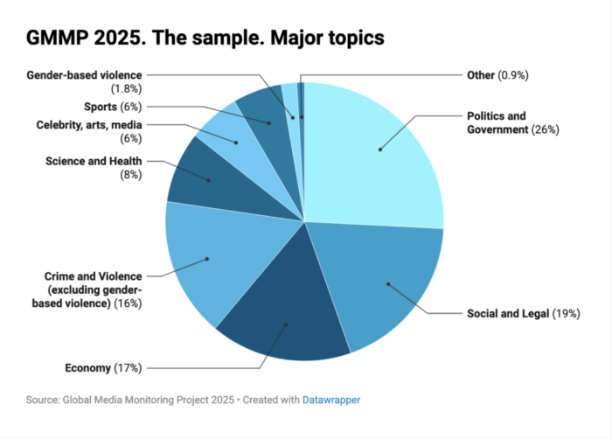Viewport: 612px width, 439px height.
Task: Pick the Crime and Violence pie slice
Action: [210, 258]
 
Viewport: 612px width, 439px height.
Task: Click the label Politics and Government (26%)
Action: [512, 122]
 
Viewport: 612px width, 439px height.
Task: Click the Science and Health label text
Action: [94, 161]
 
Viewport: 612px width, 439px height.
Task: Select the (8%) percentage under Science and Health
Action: [129, 174]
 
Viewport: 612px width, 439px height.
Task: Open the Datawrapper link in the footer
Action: [331, 400]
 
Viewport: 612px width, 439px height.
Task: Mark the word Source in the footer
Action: [42, 400]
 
